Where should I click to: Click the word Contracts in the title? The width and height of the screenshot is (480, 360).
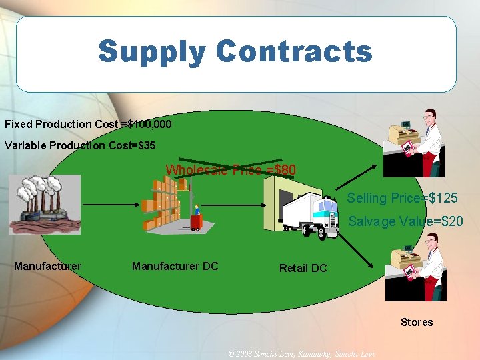click(294, 51)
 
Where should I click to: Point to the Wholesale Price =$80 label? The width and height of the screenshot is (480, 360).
click(231, 170)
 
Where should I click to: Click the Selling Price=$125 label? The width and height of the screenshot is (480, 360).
click(402, 198)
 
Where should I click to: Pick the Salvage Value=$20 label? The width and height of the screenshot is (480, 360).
click(405, 221)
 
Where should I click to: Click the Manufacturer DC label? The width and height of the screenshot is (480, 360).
click(175, 267)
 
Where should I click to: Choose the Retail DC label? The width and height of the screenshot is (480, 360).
click(303, 268)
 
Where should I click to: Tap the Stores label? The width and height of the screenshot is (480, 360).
click(417, 323)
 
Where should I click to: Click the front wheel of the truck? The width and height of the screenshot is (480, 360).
click(321, 232)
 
